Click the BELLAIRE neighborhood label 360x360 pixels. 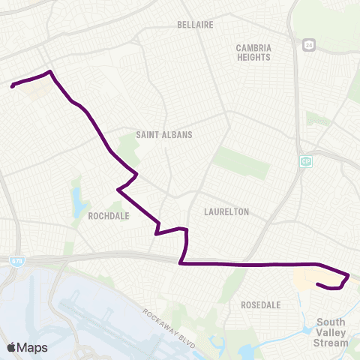point(196,25)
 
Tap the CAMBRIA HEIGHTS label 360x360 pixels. point(253,52)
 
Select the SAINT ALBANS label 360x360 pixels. point(164,135)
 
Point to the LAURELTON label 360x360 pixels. point(226,212)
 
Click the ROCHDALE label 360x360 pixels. point(108,215)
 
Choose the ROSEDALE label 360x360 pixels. point(261,305)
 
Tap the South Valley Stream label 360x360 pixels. point(331,332)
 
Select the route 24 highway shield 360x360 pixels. point(309,46)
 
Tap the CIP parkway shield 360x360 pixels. point(306,161)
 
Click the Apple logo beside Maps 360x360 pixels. point(12,347)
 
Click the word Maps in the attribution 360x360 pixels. point(33,347)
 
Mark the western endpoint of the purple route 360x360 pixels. point(13,86)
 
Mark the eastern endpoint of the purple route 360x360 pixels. point(318,284)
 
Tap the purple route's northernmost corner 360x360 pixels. point(49,72)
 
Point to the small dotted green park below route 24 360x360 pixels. point(318,119)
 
